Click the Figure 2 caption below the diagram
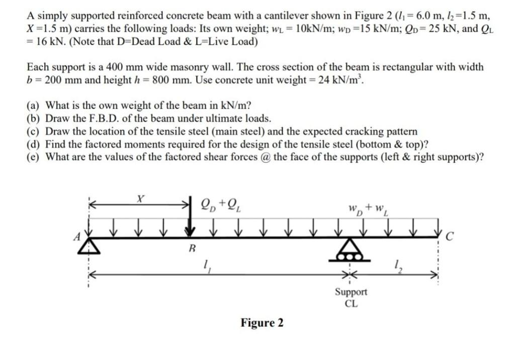(261, 323)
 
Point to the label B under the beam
(191, 248)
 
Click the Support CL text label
(351, 297)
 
